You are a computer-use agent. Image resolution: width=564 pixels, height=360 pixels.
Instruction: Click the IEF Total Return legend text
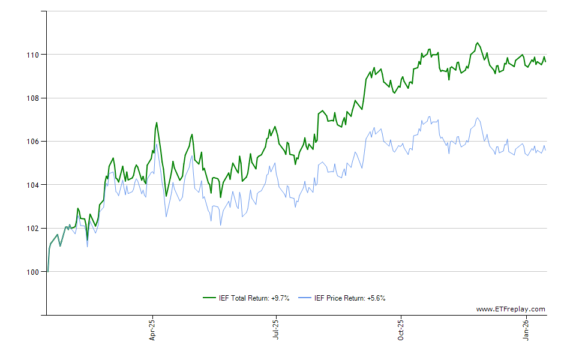point(254,298)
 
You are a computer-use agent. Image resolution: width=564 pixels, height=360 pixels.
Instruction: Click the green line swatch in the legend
point(209,298)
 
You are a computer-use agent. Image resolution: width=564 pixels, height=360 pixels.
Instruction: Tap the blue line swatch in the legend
point(305,298)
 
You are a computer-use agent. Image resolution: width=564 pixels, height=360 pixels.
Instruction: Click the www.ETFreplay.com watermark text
point(511,310)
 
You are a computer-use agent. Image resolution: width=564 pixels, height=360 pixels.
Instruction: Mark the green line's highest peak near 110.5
point(477,43)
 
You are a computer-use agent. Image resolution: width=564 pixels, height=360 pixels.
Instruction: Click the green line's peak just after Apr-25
point(157,122)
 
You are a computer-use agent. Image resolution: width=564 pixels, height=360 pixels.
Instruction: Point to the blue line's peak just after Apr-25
point(157,143)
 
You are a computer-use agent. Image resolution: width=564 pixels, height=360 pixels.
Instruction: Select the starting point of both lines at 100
point(47,272)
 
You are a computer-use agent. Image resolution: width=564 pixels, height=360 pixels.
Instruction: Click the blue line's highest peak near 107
point(477,118)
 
